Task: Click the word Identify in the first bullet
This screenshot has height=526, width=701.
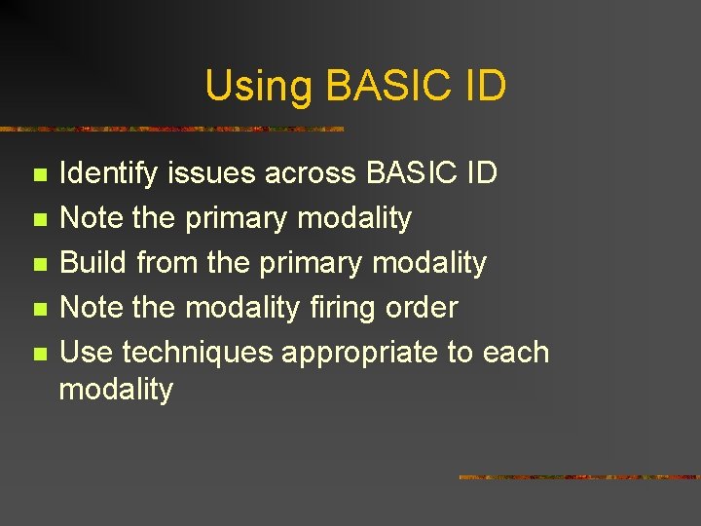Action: (110, 174)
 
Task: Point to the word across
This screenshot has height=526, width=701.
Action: (312, 173)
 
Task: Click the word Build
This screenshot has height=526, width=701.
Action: (94, 263)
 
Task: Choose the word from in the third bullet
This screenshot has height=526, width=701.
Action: (167, 263)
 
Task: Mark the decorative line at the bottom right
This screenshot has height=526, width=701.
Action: (578, 477)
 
